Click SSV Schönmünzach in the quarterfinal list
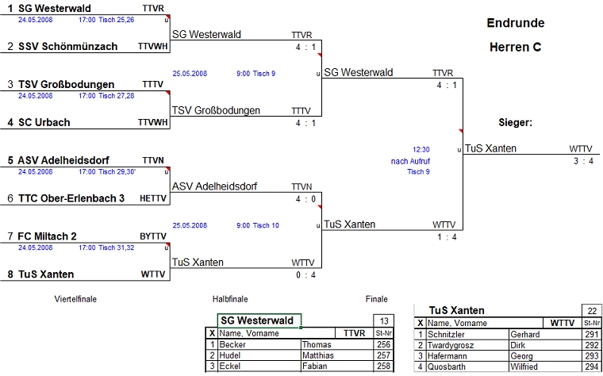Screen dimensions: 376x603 coord(68,47)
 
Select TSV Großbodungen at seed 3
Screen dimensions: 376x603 coord(67,84)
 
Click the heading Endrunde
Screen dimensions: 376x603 coord(515,23)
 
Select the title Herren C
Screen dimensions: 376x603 coord(515,48)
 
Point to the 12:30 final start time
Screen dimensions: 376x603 coord(421,148)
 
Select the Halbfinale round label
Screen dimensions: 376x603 coord(230,299)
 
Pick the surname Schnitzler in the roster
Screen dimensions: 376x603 coord(449,335)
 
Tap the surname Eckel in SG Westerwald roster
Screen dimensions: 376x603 coord(229,367)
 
